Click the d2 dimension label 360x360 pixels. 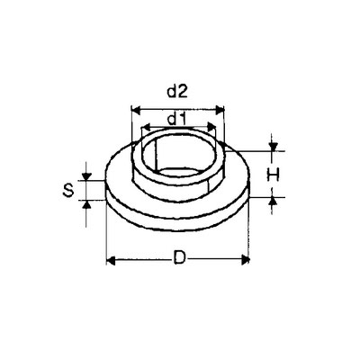[177, 92]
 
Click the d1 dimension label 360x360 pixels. [177, 120]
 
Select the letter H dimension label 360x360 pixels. [273, 175]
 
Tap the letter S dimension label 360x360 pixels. [68, 190]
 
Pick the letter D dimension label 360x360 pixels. [179, 258]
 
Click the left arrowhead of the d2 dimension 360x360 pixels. [136, 111]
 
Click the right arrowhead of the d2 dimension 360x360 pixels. [220, 110]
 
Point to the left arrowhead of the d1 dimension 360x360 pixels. [146, 127]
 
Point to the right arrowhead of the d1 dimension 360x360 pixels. [211, 127]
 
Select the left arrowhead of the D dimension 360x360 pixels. [111, 261]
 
